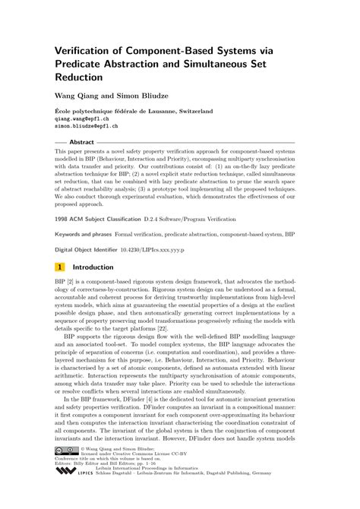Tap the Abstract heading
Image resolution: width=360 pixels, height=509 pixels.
tap(81, 142)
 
